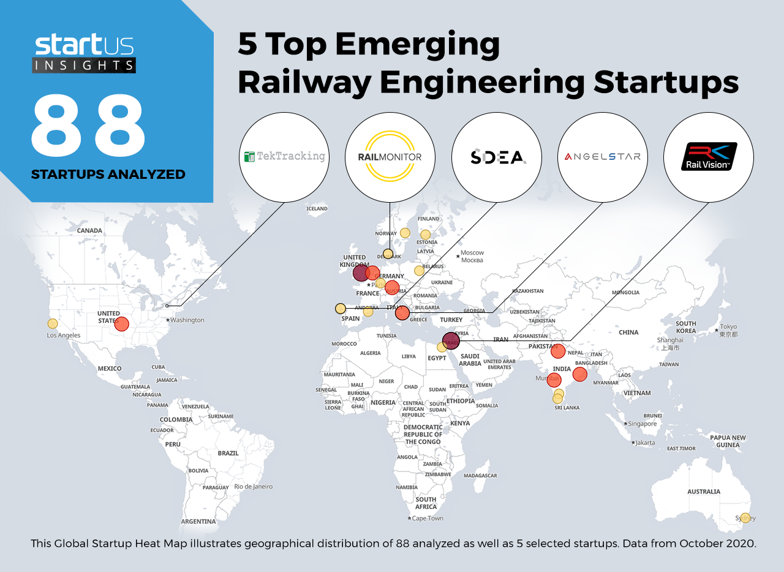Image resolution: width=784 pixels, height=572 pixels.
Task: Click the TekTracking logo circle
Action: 284,157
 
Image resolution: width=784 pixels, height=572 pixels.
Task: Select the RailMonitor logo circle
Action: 390,157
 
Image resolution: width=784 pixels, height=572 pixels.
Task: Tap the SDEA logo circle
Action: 497,157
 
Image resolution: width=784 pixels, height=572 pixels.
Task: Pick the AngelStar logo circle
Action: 603,157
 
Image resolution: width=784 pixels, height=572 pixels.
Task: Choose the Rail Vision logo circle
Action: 709,157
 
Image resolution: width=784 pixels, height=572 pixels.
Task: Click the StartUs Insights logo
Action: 84,54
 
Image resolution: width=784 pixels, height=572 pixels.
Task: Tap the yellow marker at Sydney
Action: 745,517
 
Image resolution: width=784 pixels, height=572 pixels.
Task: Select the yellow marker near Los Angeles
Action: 53,323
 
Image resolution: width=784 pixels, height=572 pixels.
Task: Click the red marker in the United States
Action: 122,324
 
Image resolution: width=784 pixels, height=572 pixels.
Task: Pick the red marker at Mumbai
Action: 554,380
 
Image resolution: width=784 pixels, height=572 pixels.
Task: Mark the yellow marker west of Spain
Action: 340,308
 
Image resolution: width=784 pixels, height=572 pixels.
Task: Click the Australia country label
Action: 704,491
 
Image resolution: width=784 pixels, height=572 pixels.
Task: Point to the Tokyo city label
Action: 729,326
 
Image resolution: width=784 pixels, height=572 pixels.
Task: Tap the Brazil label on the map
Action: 228,453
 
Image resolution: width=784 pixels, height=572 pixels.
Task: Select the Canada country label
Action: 89,230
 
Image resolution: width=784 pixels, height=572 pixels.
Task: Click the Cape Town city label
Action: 427,518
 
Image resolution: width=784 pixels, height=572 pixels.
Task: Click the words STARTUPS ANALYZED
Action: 108,175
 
